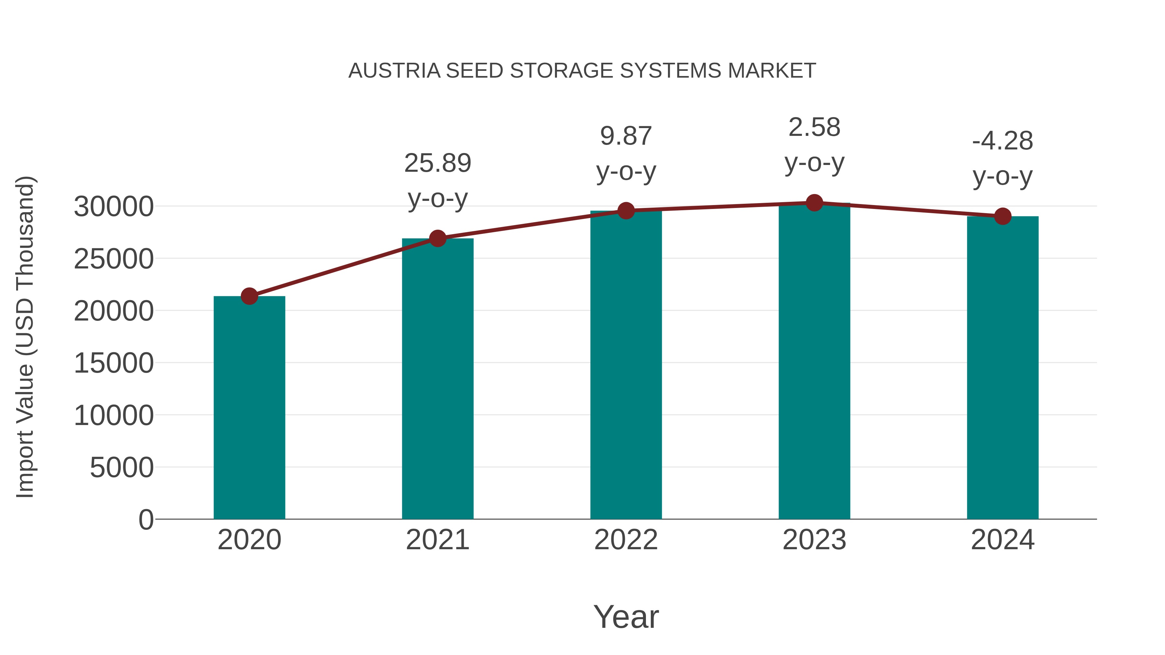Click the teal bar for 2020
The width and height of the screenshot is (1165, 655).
(x=249, y=407)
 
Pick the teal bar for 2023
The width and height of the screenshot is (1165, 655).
(x=814, y=362)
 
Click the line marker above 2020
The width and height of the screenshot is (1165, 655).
(x=249, y=297)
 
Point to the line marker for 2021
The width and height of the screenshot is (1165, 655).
(x=437, y=238)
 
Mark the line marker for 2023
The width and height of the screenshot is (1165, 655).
(x=814, y=203)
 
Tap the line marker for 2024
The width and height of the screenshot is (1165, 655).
(x=1003, y=216)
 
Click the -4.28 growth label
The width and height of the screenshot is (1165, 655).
(x=1003, y=158)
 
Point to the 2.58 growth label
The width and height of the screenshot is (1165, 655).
(x=814, y=144)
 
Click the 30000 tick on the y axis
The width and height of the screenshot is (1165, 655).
(x=114, y=207)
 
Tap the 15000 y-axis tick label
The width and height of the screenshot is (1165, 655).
(x=114, y=364)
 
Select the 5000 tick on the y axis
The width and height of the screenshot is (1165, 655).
(x=122, y=467)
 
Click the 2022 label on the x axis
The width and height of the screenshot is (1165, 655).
(x=626, y=540)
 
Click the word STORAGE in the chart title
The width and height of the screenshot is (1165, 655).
(x=561, y=71)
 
